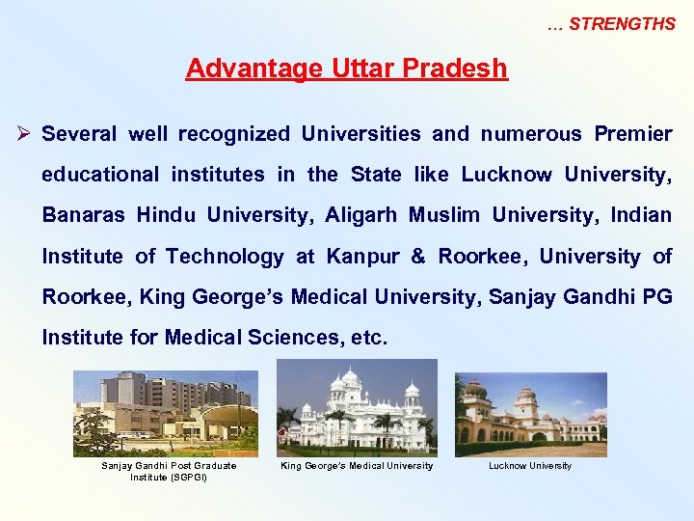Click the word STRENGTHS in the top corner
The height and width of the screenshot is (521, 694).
[x=622, y=24]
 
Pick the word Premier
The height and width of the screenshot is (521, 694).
[x=633, y=134]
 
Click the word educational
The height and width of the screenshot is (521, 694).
[x=101, y=175]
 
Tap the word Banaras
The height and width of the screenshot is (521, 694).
[x=83, y=215]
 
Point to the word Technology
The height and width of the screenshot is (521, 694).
[x=225, y=257]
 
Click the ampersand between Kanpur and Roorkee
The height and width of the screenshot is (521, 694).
[x=417, y=257]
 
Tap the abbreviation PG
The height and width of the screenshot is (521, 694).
[x=656, y=297]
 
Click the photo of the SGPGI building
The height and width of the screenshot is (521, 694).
[x=166, y=413]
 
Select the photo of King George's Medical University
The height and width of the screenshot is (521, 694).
[x=357, y=407]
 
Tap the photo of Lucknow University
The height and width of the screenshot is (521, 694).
[x=531, y=414]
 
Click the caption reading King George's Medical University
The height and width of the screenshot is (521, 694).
[x=357, y=466]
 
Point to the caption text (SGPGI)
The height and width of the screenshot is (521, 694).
[x=169, y=477]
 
